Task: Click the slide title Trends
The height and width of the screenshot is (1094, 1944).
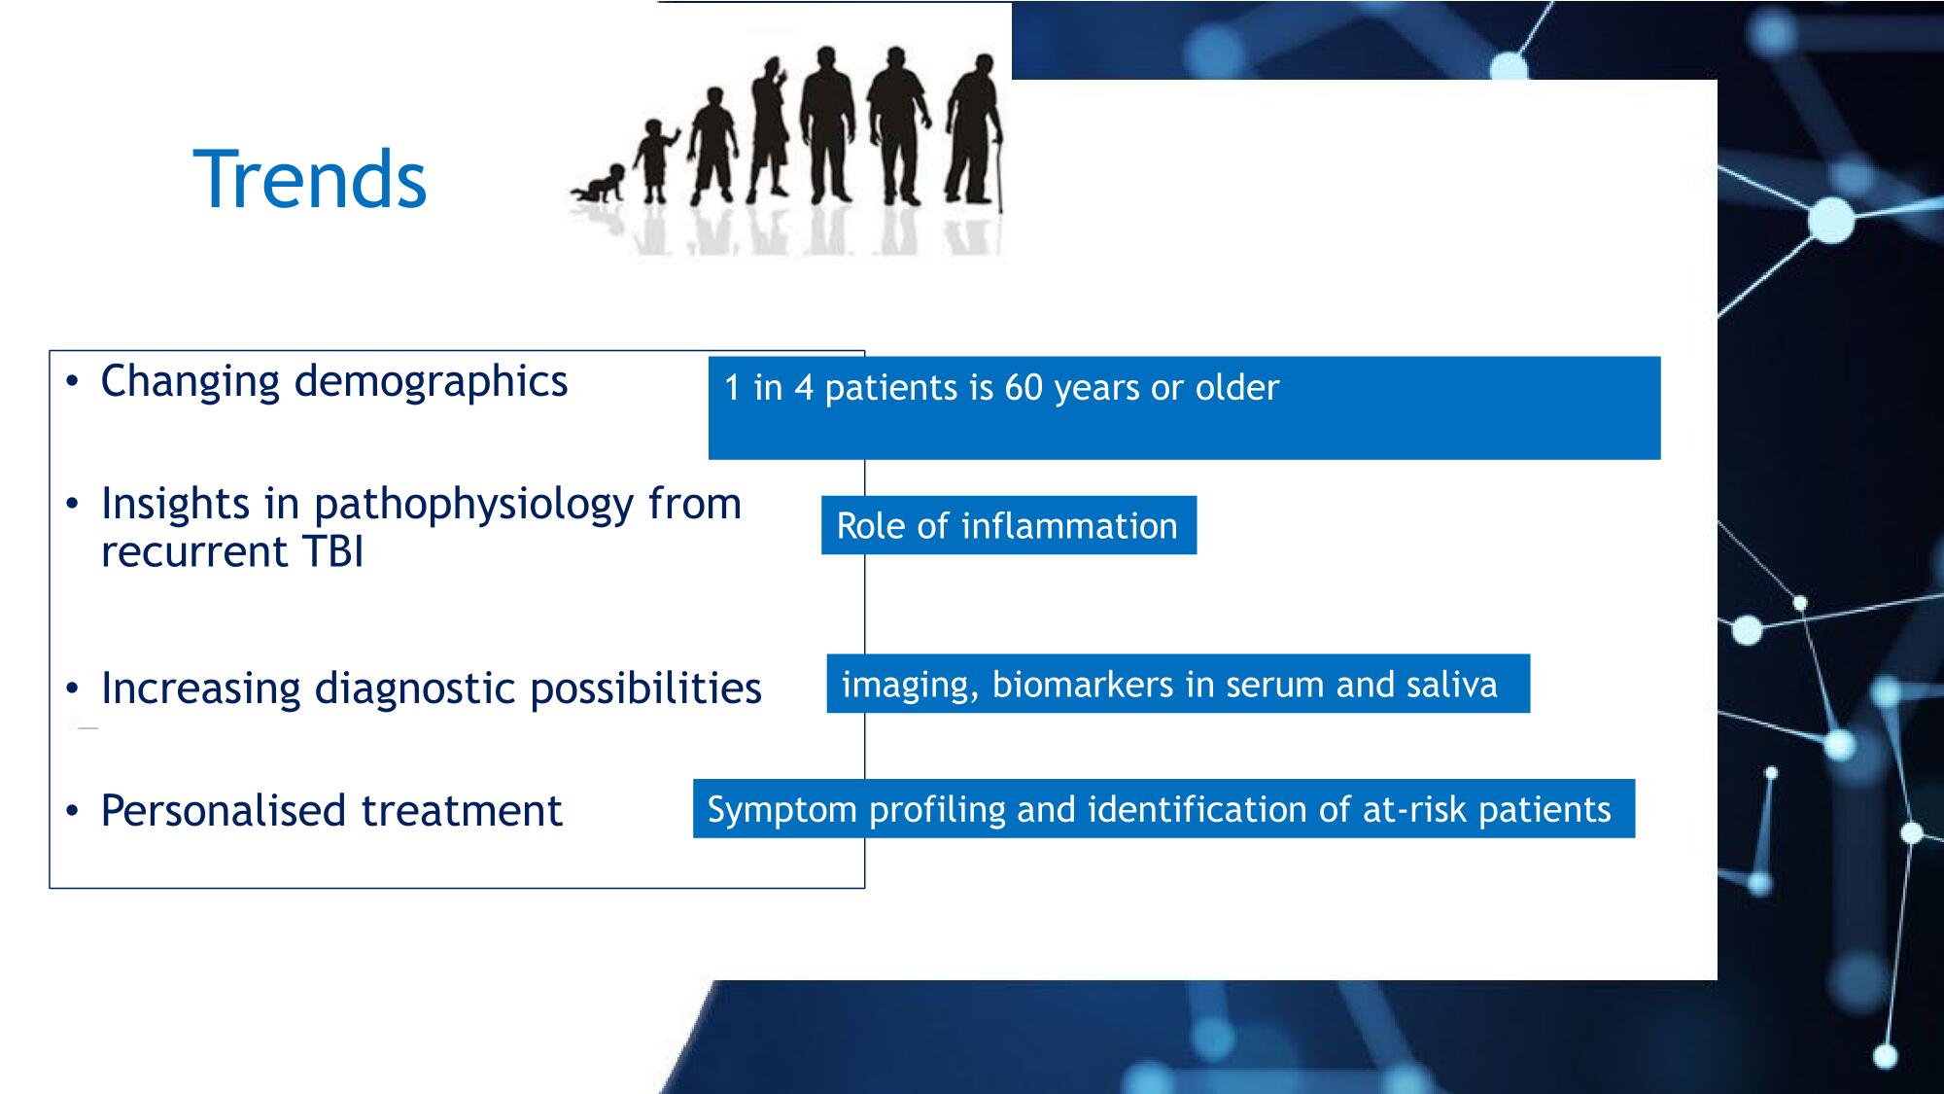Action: point(310,179)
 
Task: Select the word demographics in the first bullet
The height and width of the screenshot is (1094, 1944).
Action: point(431,382)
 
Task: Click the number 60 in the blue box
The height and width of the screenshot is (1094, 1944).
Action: point(1024,388)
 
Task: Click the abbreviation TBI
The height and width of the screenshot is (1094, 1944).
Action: point(332,552)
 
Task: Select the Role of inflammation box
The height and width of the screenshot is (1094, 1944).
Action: point(1009,525)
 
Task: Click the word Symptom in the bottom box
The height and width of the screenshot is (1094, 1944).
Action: point(782,811)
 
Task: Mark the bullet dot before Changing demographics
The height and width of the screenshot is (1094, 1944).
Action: point(72,381)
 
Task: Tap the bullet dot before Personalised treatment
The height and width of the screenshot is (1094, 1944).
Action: point(72,811)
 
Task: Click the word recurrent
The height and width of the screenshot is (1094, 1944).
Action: point(194,552)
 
